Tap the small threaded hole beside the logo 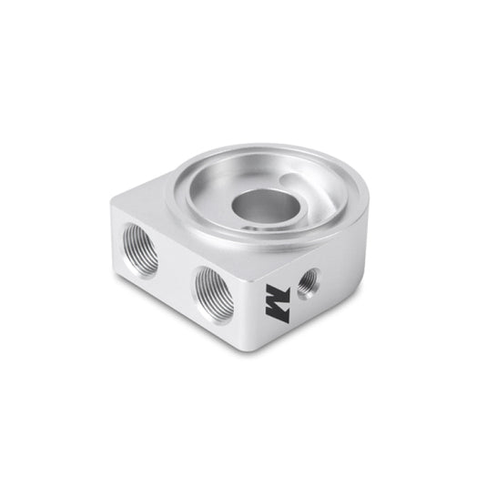[308, 280]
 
